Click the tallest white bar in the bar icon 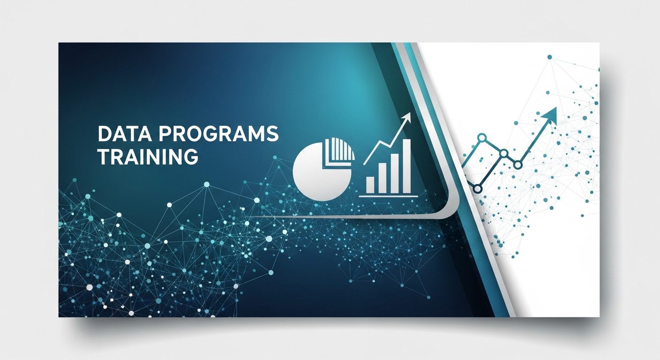406,166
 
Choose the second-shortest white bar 382,179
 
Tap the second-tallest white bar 395,173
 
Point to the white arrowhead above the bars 406,118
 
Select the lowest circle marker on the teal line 478,188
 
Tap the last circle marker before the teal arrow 517,165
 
